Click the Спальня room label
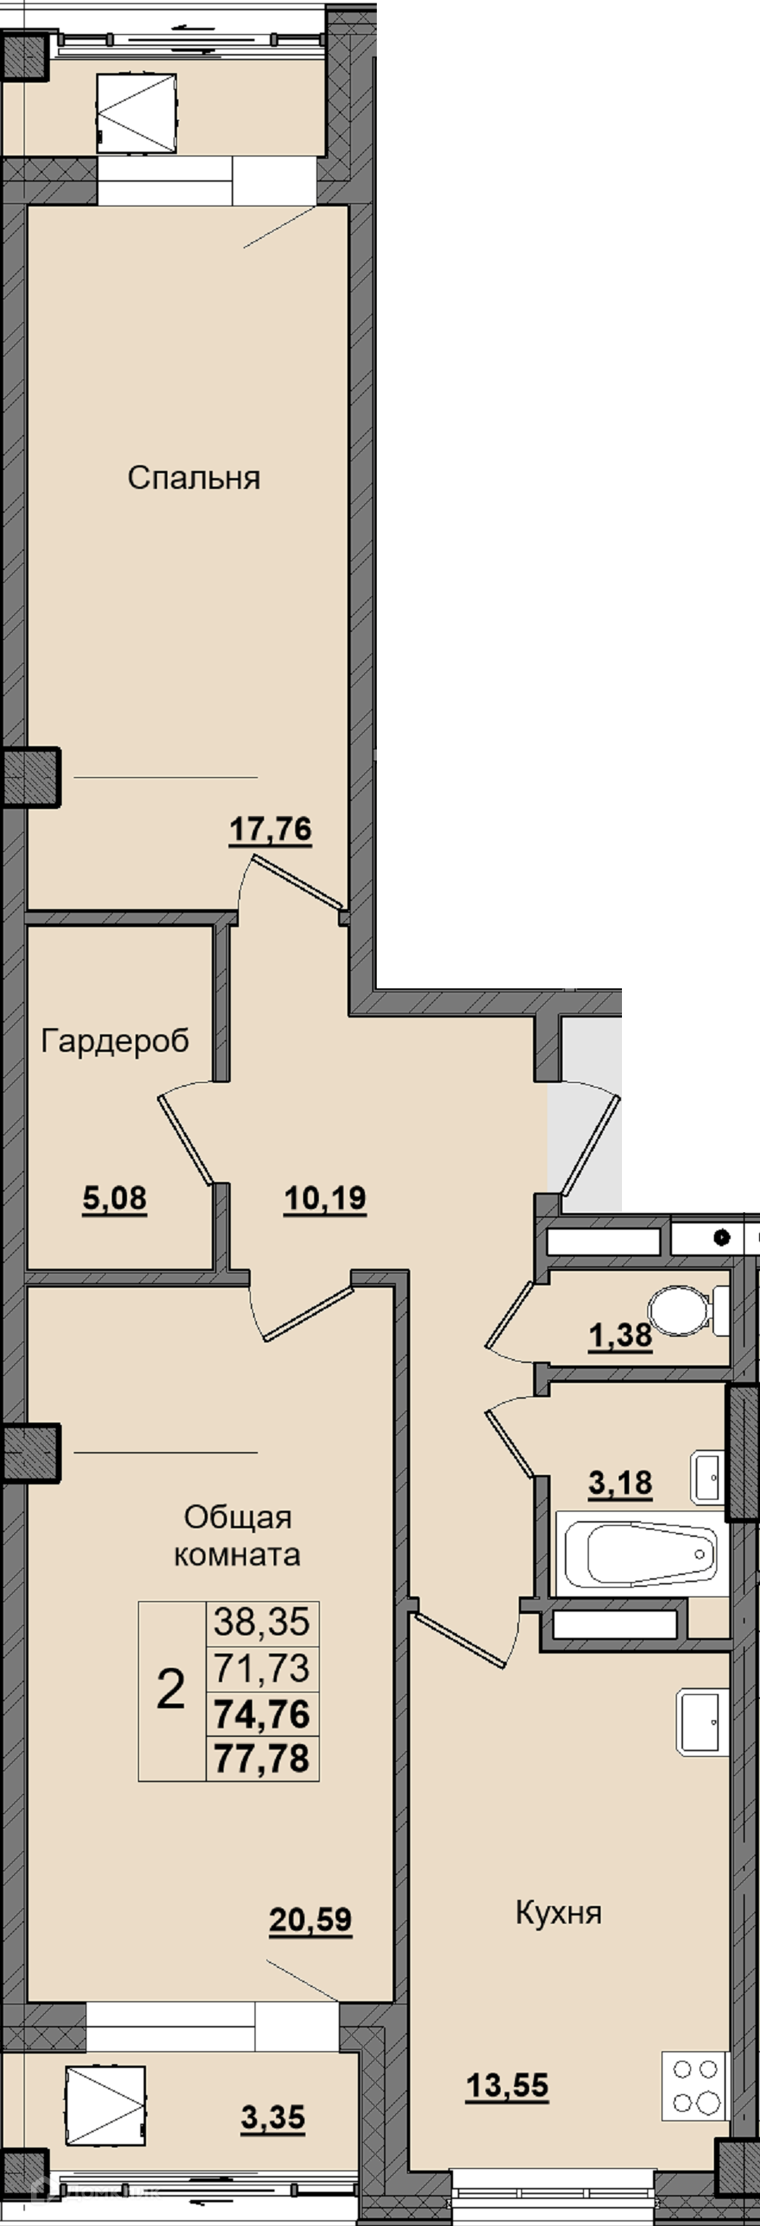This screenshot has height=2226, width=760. pyautogui.click(x=194, y=478)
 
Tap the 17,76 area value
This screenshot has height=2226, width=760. pyautogui.click(x=271, y=830)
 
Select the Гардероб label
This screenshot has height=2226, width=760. pyautogui.click(x=115, y=1042)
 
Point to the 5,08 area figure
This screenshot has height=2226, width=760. pyautogui.click(x=115, y=1199)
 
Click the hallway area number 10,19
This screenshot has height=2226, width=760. pyautogui.click(x=325, y=1199)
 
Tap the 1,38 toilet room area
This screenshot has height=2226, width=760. pyautogui.click(x=620, y=1336)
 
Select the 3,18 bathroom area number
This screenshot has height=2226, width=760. pyautogui.click(x=620, y=1483)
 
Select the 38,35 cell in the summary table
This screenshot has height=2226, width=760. pyautogui.click(x=262, y=1622)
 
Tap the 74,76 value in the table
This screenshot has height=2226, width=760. pyautogui.click(x=262, y=1715)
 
